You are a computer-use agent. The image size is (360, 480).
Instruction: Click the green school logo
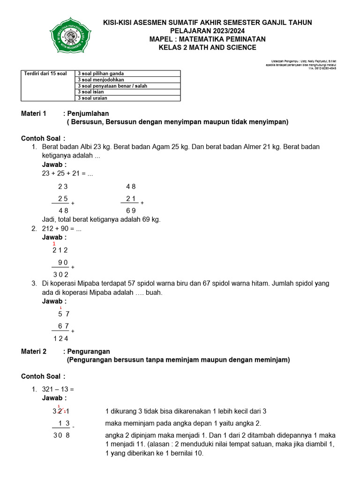pos(71,35)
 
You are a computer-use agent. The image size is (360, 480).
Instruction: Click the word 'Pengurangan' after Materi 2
pos(89,351)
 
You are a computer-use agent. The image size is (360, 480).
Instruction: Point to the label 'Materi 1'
pos(34,113)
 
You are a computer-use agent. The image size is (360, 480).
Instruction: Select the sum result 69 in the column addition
pos(131,210)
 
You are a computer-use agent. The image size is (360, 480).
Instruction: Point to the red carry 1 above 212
pos(54,244)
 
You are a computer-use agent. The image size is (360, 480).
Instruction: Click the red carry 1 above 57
pos(60,307)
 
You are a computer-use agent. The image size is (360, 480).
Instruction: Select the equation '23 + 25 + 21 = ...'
pos(67,173)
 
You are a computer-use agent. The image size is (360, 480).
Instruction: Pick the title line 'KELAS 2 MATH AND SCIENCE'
pos(207,47)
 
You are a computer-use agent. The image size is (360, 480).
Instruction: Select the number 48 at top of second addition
pos(131,186)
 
